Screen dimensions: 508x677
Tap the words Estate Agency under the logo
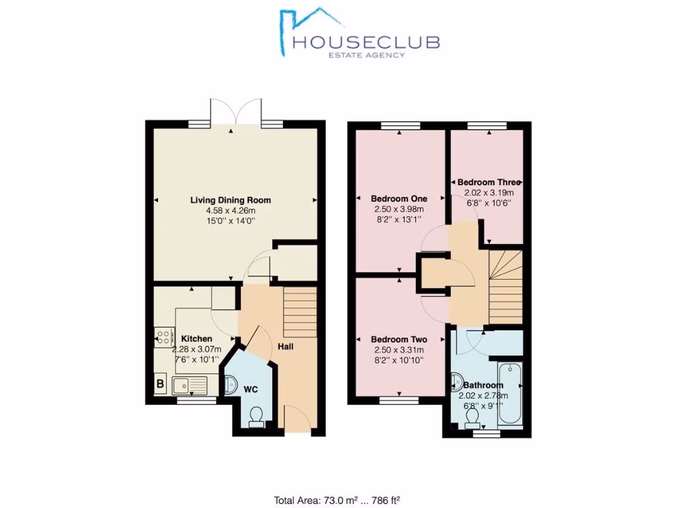point(367,56)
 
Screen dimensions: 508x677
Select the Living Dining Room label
point(230,200)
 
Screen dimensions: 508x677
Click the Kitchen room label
point(196,339)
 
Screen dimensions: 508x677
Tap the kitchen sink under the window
point(189,384)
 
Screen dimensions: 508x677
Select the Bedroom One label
point(399,198)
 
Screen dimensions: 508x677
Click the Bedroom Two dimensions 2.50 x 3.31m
point(399,350)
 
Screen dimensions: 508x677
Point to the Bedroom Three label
point(489,182)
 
